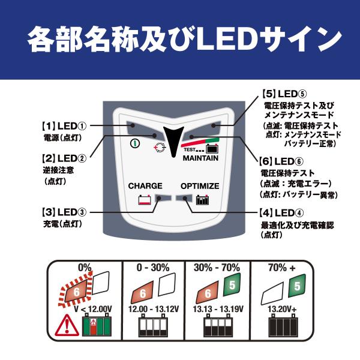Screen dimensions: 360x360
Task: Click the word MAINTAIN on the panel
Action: point(200,158)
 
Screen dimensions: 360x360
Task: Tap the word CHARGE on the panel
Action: point(145,186)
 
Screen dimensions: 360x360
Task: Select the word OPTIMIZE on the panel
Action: point(200,186)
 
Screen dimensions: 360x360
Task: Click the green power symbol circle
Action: point(135,143)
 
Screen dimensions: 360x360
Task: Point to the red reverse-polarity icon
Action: point(160,148)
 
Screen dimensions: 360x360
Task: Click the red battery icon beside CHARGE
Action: point(145,200)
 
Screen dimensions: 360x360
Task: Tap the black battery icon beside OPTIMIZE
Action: point(202,200)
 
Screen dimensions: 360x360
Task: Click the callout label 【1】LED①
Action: point(64,126)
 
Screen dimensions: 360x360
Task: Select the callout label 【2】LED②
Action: point(64,158)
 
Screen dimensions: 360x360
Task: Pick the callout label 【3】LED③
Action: point(64,212)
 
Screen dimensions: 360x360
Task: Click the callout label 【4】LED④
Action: point(281,213)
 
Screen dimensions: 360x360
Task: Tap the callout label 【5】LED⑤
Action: point(284,94)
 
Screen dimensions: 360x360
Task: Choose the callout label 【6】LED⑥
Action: point(281,161)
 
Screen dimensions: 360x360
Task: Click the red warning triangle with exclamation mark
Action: point(67,325)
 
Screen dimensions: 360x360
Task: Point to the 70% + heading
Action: point(282,268)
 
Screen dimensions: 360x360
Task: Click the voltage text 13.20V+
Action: point(282,309)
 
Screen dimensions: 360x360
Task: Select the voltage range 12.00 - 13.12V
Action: point(154,309)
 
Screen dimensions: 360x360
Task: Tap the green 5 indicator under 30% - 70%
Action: point(232,285)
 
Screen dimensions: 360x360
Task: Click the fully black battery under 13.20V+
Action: point(283,326)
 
